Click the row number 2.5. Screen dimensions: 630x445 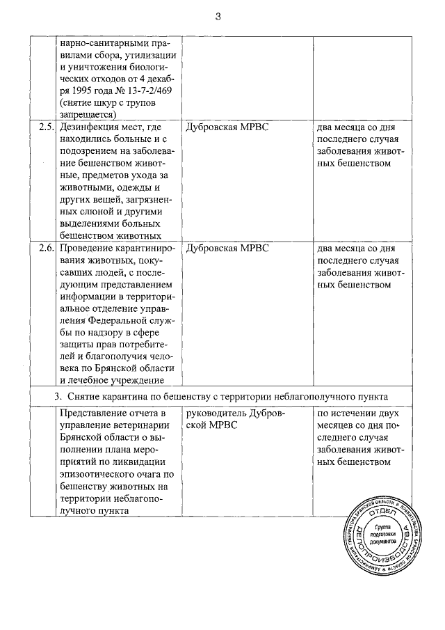pos(46,127)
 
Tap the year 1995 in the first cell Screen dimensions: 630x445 pos(75,90)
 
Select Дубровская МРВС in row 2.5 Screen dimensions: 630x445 pos(227,127)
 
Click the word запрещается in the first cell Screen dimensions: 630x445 pos(86,115)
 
